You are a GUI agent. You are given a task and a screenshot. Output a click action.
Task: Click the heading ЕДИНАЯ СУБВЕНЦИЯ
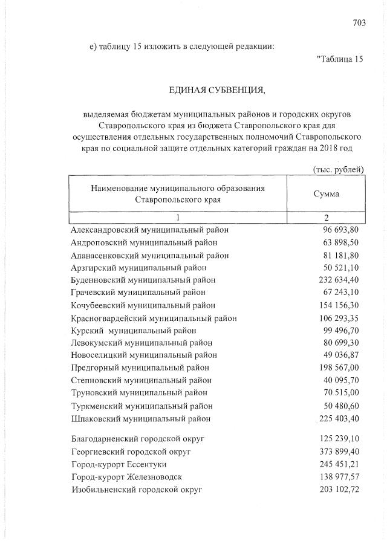tap(217, 91)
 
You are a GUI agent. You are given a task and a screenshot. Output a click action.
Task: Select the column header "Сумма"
tap(327, 194)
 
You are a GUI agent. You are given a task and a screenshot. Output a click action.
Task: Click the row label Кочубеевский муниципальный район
tap(143, 305)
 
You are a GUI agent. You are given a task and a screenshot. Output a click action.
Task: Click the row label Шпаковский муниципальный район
tap(140, 418)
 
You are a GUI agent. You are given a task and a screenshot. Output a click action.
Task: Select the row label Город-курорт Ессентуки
tap(121, 464)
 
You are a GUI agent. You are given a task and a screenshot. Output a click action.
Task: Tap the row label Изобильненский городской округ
tap(135, 489)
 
